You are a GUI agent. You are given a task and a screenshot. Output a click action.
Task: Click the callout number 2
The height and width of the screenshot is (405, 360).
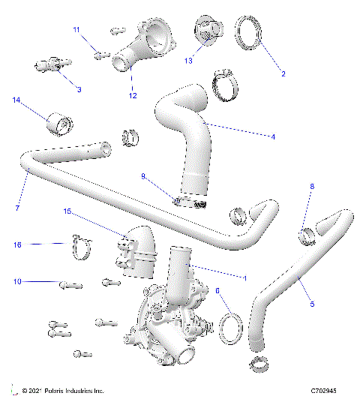(x=283, y=73)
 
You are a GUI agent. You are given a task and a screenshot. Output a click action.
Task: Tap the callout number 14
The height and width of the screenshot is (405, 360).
(x=16, y=100)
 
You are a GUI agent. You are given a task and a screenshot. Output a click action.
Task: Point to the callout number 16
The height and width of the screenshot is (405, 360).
(x=16, y=244)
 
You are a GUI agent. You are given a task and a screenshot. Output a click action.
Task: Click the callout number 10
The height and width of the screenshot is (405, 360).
(x=16, y=282)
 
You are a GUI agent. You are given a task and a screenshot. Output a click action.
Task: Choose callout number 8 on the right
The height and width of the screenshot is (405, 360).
(x=312, y=185)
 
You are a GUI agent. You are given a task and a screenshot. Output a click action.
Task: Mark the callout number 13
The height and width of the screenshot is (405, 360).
(x=188, y=59)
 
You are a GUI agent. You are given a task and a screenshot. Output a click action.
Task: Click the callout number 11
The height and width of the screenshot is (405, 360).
(x=76, y=29)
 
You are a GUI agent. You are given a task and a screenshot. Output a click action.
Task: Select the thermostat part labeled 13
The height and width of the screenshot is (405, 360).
(x=206, y=29)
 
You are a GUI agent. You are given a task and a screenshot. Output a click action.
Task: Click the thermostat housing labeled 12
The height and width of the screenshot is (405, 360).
(x=150, y=45)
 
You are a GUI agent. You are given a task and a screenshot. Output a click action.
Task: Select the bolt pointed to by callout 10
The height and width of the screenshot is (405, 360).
(x=69, y=283)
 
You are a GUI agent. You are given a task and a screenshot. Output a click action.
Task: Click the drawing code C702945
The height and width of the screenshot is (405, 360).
(x=328, y=391)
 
